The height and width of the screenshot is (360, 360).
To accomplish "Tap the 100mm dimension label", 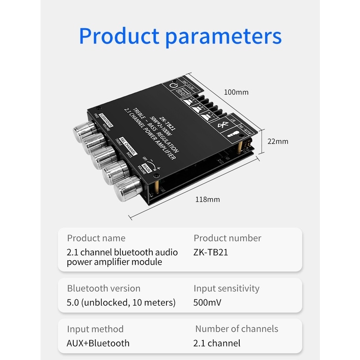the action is tap(236, 92).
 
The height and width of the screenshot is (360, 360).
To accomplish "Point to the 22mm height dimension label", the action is tap(278, 141).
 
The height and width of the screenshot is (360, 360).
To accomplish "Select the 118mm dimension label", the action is tap(207, 199).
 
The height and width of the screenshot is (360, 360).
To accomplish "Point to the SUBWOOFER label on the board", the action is tap(106, 118).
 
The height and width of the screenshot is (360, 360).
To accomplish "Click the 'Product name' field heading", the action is tap(96, 238).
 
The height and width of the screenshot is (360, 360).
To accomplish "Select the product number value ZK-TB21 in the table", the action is tap(211, 252).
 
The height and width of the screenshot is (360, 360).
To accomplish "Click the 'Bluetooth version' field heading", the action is tap(103, 288).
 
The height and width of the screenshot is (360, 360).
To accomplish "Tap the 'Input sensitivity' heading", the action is tap(226, 288).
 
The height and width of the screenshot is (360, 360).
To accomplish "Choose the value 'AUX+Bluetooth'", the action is tap(98, 343).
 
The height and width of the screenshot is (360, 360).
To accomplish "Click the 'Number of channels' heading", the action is tap(237, 329).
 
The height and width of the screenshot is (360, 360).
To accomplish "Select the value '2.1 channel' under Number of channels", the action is tap(217, 343).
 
